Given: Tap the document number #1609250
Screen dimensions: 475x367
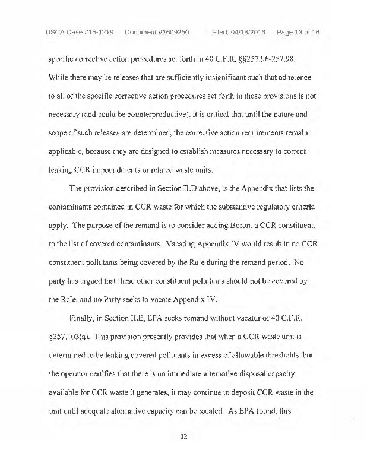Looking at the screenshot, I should (x=169, y=31).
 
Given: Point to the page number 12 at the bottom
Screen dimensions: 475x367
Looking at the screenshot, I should (x=183, y=436).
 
